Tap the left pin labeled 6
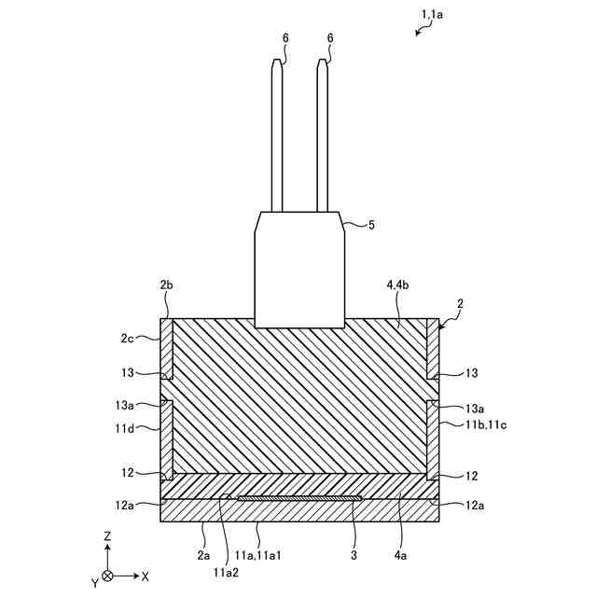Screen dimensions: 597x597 pyautogui.click(x=277, y=140)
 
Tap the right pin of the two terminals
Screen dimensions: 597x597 pyautogui.click(x=322, y=140)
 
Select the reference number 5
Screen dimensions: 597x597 pyautogui.click(x=371, y=225)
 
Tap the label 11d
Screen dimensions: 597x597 pyautogui.click(x=125, y=428)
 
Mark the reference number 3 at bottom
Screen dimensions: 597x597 pyautogui.click(x=354, y=556)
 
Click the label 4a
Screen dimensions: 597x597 pyautogui.click(x=400, y=556)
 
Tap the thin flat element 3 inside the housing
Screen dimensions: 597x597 pyautogui.click(x=298, y=498)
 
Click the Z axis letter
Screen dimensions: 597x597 pyautogui.click(x=108, y=537)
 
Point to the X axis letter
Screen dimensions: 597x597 pyautogui.click(x=145, y=576)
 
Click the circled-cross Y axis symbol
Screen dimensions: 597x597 pyautogui.click(x=108, y=576)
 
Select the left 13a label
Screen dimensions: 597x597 pyautogui.click(x=125, y=407)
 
